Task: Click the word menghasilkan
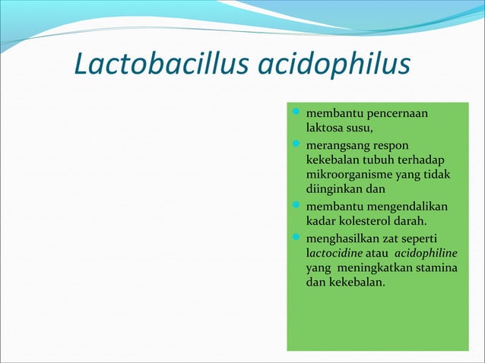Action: (342, 239)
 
